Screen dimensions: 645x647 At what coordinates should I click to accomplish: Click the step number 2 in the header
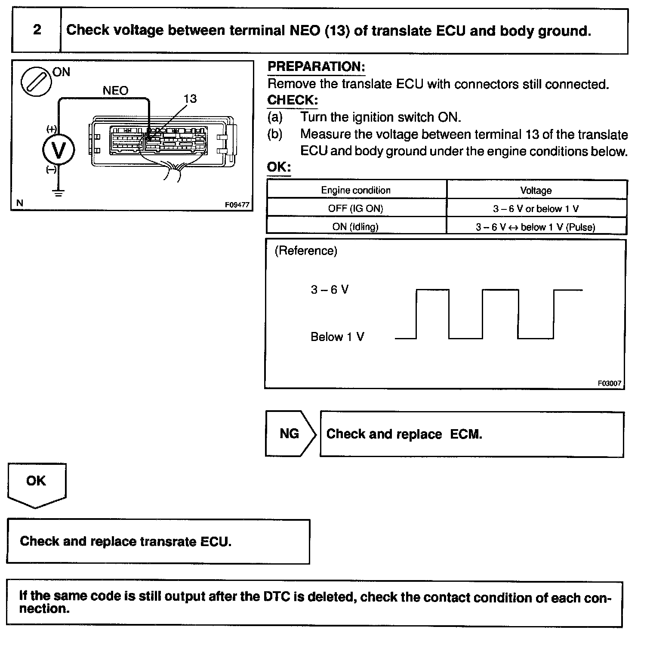pyautogui.click(x=37, y=30)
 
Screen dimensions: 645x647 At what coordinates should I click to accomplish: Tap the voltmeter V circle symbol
pyautogui.click(x=58, y=150)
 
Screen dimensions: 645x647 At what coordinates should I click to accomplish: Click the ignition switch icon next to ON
pyautogui.click(x=36, y=82)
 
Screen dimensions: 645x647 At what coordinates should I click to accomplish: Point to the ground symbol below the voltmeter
pyautogui.click(x=58, y=192)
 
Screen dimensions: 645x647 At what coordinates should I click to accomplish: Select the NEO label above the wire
pyautogui.click(x=115, y=91)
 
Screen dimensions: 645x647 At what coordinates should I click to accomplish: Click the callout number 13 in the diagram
pyautogui.click(x=190, y=99)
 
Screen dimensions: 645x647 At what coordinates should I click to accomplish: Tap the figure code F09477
pyautogui.click(x=237, y=205)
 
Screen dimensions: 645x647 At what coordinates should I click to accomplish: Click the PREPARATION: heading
pyautogui.click(x=316, y=67)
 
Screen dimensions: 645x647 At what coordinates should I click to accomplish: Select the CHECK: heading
pyautogui.click(x=293, y=100)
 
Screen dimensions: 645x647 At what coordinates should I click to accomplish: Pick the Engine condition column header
pyautogui.click(x=356, y=190)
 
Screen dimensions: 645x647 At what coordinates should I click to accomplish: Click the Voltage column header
pyautogui.click(x=536, y=190)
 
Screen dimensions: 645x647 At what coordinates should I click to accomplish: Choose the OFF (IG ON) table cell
pyautogui.click(x=356, y=209)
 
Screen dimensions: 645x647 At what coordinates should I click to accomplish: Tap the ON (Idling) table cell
pyautogui.click(x=356, y=227)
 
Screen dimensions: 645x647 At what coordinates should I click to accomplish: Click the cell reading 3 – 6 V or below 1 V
pyautogui.click(x=536, y=209)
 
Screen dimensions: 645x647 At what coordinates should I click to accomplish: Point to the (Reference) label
pyautogui.click(x=306, y=251)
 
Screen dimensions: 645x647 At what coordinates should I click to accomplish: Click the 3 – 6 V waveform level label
pyautogui.click(x=330, y=289)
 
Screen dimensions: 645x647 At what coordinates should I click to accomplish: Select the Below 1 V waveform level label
pyautogui.click(x=337, y=337)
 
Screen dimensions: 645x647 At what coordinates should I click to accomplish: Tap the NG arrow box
pyautogui.click(x=290, y=433)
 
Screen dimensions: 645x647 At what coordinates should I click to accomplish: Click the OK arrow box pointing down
pyautogui.click(x=36, y=483)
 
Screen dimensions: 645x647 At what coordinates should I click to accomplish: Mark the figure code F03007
pyautogui.click(x=609, y=383)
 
